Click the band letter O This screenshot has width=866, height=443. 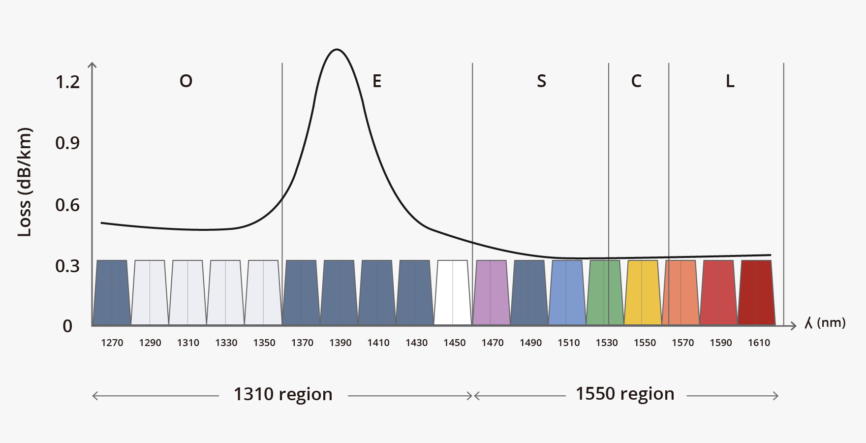point(186,81)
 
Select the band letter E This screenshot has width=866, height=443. point(377,81)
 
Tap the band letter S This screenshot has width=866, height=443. point(541,81)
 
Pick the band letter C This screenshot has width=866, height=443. point(636,81)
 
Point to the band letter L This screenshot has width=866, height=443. point(730,81)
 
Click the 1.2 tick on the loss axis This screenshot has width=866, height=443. point(67,82)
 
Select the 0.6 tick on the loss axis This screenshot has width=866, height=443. point(67,205)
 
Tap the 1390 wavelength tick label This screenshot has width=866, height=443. point(340,343)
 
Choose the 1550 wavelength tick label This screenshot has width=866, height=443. point(645,343)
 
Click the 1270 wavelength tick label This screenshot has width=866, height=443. point(112,343)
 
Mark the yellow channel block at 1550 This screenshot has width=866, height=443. point(643,293)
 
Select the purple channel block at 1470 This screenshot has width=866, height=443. point(491,293)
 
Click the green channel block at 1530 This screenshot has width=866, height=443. point(605,293)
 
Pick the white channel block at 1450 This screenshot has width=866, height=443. point(453,293)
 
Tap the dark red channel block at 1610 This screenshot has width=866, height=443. point(757,293)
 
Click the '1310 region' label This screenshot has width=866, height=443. point(283,394)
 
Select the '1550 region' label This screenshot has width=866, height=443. point(625,394)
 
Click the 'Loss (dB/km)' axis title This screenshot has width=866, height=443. point(24,182)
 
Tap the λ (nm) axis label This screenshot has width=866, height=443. point(825,323)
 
